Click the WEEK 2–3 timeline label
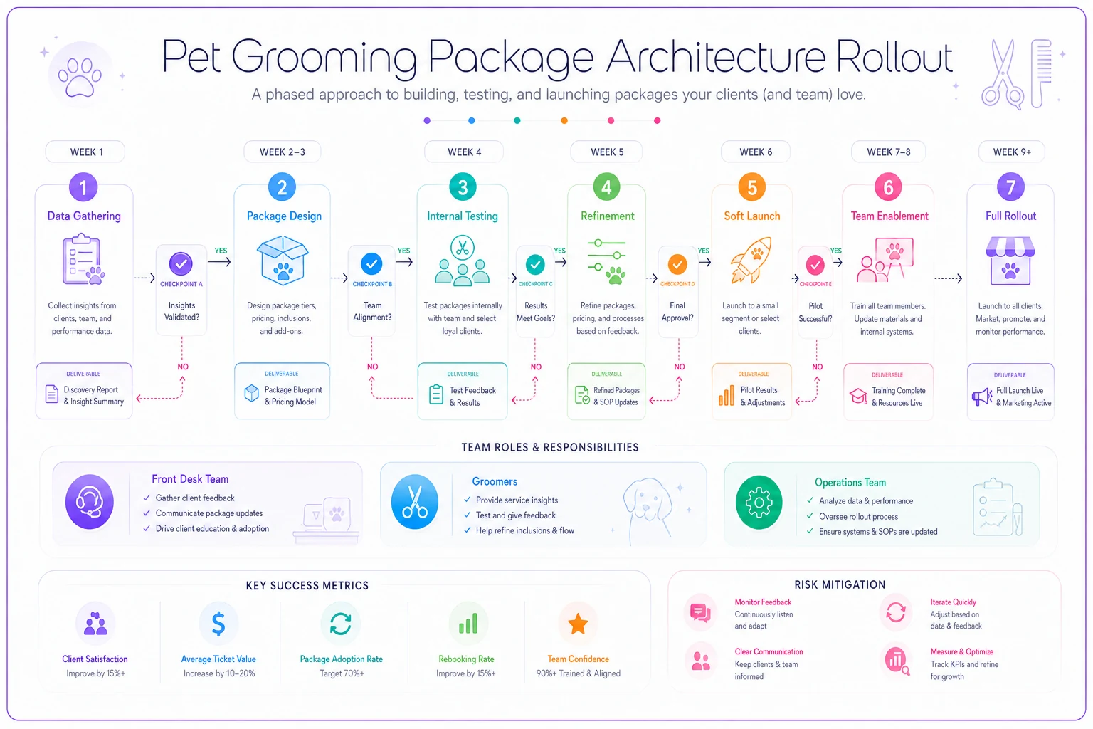click(282, 152)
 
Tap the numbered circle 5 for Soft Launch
click(752, 187)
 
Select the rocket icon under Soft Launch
click(751, 261)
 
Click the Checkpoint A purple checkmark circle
click(181, 263)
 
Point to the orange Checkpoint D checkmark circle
click(677, 264)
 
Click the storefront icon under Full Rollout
click(1010, 261)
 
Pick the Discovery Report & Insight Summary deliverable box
click(84, 391)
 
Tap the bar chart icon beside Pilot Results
click(726, 395)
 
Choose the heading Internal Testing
click(462, 216)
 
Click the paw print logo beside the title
click(80, 75)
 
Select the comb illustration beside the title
click(1041, 73)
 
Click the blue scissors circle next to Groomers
click(415, 502)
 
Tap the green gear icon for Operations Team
click(759, 503)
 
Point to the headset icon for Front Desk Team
click(90, 501)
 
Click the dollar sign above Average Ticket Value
click(218, 624)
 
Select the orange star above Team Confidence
click(578, 624)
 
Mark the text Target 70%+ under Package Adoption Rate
click(342, 673)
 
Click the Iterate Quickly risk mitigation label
click(953, 602)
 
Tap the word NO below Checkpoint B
click(372, 367)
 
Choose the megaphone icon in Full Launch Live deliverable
click(982, 397)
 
